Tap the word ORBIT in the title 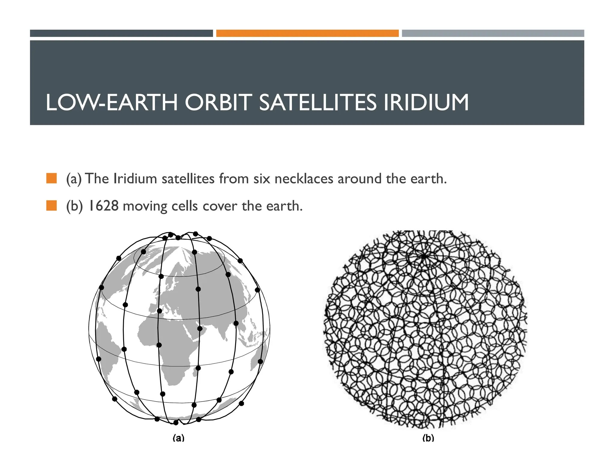coord(217,103)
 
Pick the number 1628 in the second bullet coord(104,206)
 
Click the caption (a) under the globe coord(178,438)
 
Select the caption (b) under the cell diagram coord(428,438)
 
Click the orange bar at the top coord(307,33)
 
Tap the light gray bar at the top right coord(493,33)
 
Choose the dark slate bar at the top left coord(121,33)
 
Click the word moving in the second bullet coord(145,206)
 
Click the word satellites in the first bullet coord(188,179)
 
